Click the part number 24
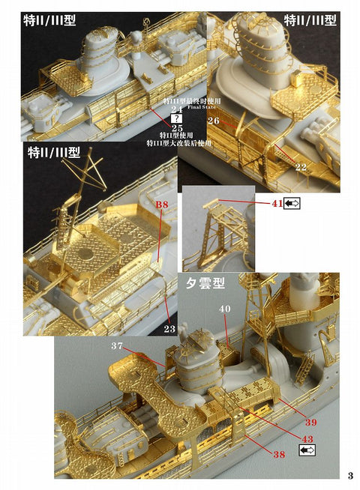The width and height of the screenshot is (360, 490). coord(178,110)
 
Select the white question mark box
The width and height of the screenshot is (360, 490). coord(178,118)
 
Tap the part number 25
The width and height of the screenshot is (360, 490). coord(178,127)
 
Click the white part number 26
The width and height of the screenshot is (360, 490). coord(212,121)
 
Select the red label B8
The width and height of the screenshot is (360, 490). coord(162,204)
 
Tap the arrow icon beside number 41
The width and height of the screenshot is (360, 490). coord(293,203)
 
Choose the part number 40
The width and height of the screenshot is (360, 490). coord(224,309)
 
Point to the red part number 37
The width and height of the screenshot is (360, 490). coord(115,345)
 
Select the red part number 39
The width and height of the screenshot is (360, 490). coord(310,423)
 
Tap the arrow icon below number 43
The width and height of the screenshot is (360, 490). coord(307,450)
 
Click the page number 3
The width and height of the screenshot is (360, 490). coord(350,475)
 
